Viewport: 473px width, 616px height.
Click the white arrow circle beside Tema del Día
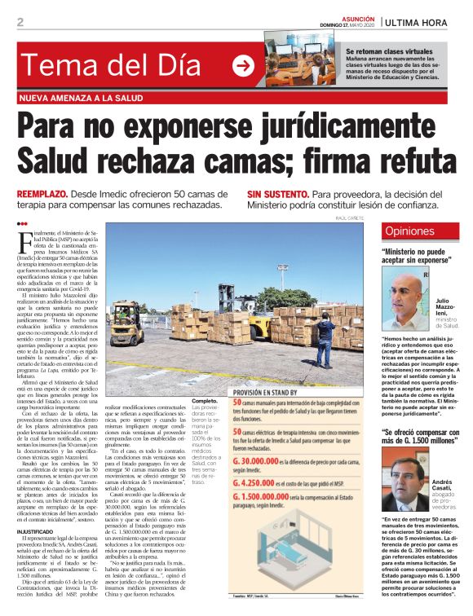[243, 66]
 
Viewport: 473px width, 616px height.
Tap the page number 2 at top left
[20, 22]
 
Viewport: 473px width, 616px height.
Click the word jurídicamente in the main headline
[328, 127]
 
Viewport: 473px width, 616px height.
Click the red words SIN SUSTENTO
[278, 196]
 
